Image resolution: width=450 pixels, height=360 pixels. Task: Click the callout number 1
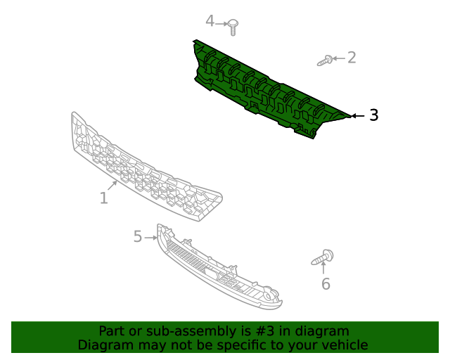point(104,198)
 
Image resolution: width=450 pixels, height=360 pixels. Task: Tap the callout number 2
point(352,58)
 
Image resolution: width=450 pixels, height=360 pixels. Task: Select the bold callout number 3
point(373,115)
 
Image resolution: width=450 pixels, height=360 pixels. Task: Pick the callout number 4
point(209,21)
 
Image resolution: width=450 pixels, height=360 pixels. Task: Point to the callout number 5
point(138,237)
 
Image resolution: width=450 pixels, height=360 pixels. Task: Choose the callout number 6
point(326,284)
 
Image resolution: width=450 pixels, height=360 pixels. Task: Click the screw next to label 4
point(233,27)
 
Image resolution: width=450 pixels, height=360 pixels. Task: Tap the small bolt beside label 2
point(325,61)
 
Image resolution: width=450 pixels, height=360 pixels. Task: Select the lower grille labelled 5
point(218,271)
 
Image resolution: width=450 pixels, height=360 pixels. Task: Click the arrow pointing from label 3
point(357,115)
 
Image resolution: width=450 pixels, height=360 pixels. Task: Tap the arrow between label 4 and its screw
point(221,22)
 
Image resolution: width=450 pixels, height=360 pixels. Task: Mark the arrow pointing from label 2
point(338,58)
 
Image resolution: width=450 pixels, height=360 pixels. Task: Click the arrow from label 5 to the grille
point(150,238)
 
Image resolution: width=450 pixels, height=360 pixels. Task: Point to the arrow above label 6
point(323,269)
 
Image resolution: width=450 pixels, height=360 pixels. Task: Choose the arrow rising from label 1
point(112,186)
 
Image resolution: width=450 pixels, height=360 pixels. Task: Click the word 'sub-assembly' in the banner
point(165,331)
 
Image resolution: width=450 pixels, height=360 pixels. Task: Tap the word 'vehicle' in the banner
point(342,345)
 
